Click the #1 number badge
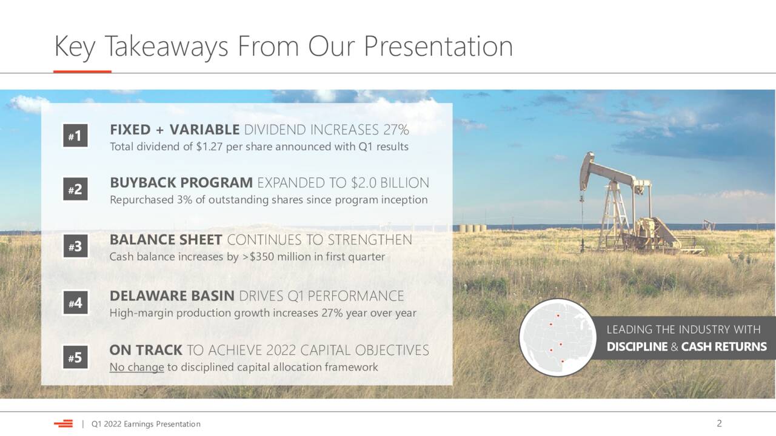[x=75, y=135]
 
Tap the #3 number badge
[x=75, y=246]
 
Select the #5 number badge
[x=75, y=357]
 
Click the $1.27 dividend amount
[x=209, y=147]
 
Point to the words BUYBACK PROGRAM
[x=181, y=183]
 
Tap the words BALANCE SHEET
[x=166, y=240]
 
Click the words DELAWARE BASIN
[x=172, y=296]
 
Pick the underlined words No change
[x=137, y=367]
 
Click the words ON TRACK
[x=146, y=350]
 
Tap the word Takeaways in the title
[x=166, y=47]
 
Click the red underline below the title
[x=82, y=71]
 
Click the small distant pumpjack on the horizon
[x=707, y=225]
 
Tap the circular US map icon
[x=558, y=337]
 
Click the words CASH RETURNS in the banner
[x=724, y=347]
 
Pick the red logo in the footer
[x=64, y=423]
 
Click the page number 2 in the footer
[x=719, y=423]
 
